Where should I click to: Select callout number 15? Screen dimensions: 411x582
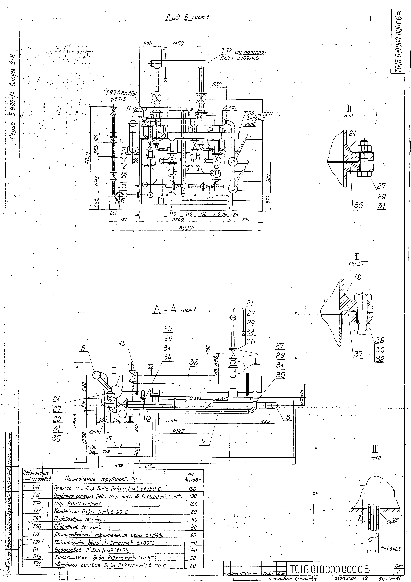click(x=123, y=344)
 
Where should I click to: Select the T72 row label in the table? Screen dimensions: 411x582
click(x=37, y=503)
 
